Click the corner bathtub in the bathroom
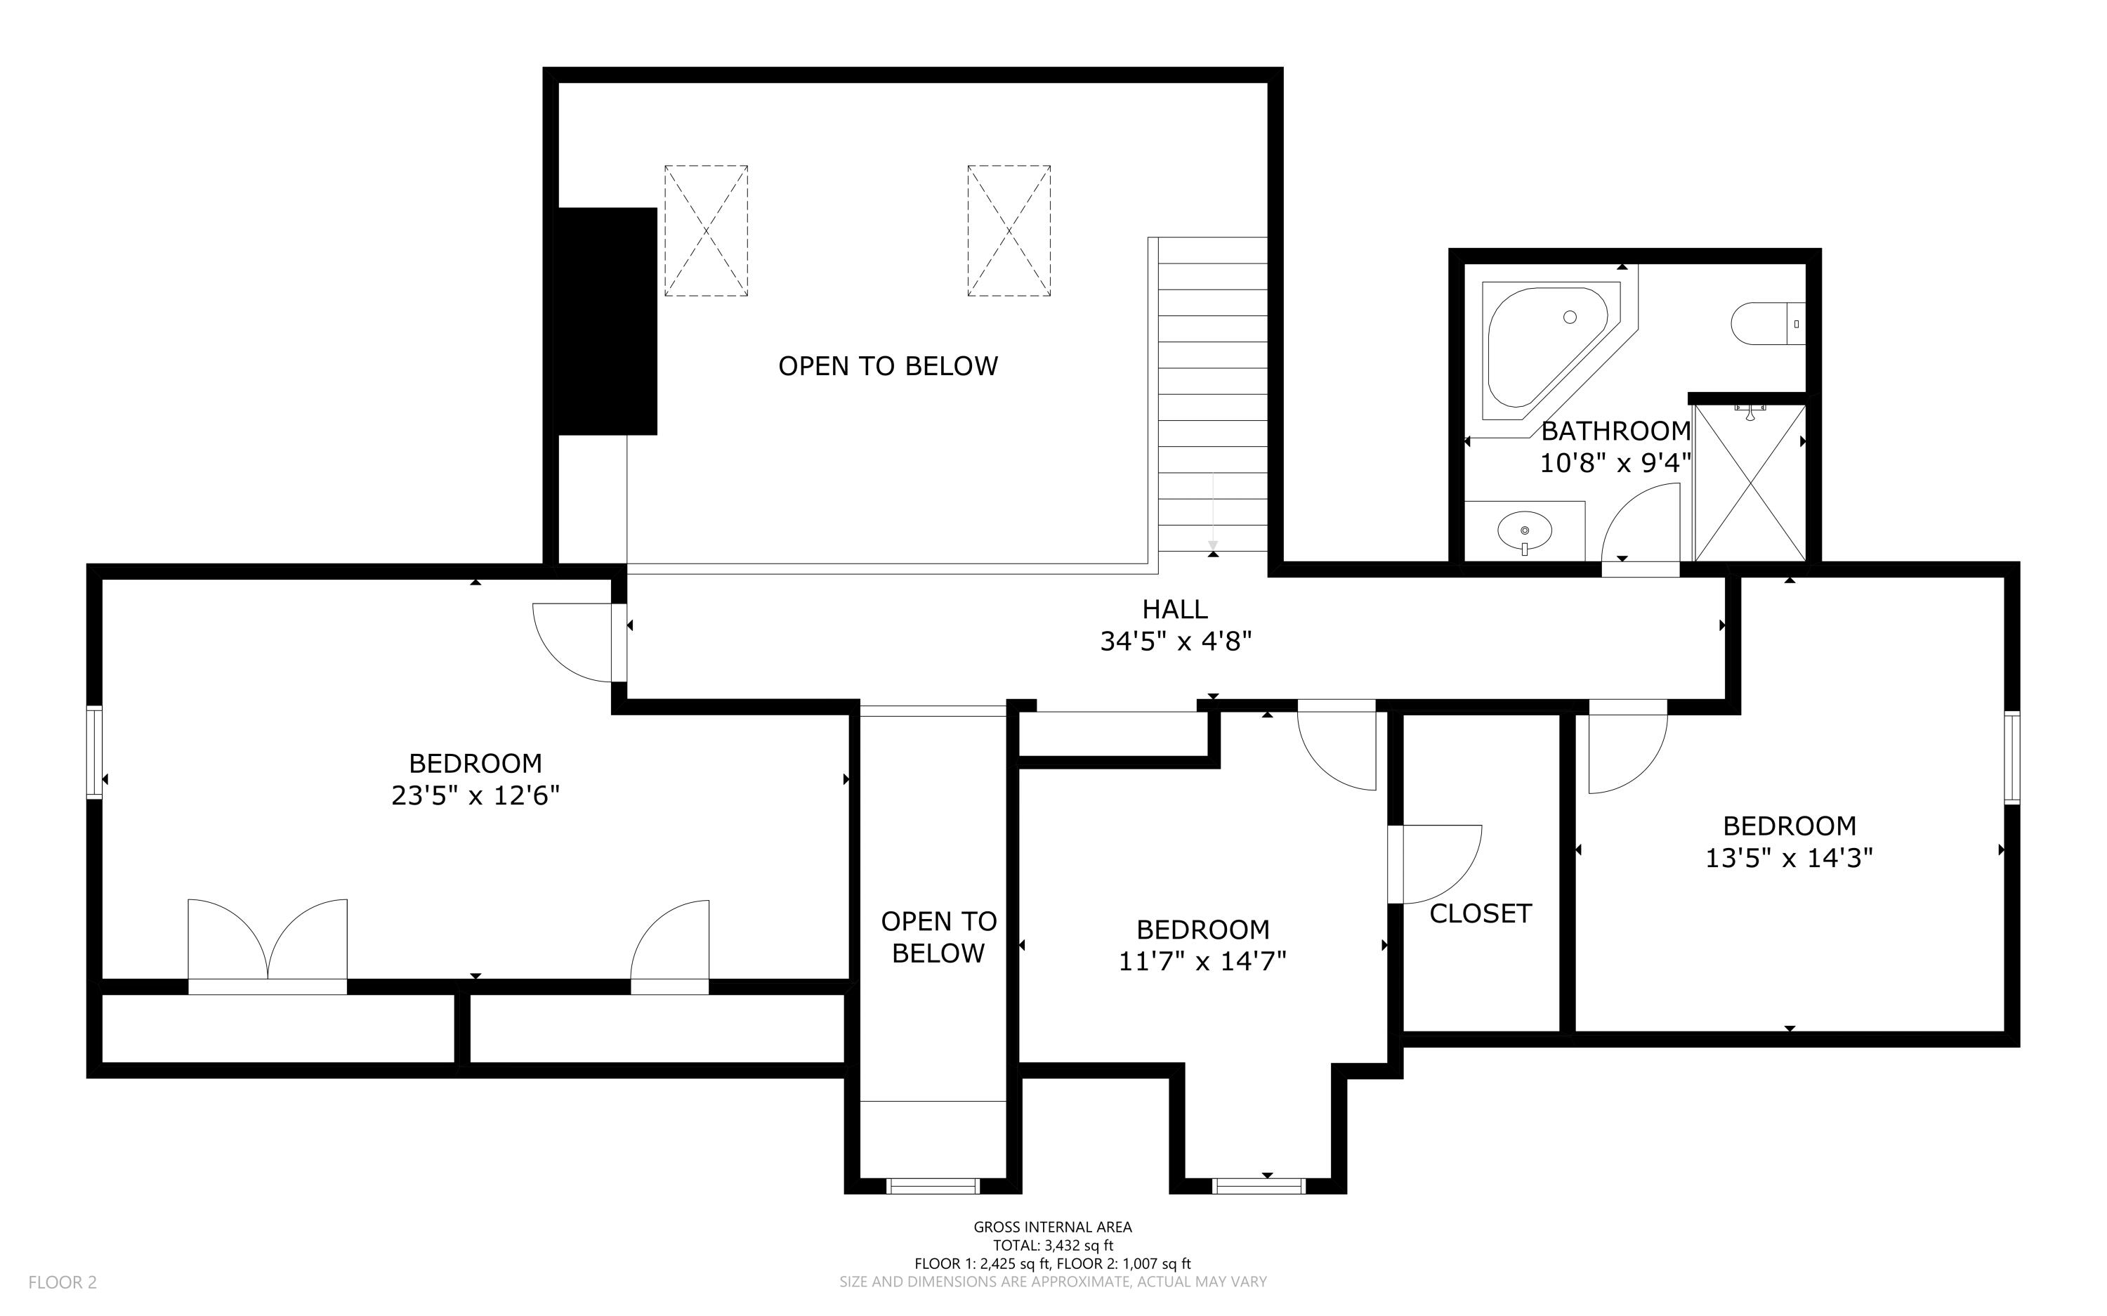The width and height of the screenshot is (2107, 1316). [x=1540, y=348]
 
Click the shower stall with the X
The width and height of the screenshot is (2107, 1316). [x=1750, y=483]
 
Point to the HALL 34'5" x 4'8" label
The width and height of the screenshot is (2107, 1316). [x=1175, y=625]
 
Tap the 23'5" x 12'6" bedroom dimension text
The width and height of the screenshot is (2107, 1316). [x=475, y=795]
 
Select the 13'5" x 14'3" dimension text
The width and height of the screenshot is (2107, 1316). [x=1789, y=858]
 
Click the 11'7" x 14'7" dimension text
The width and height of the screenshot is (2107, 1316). [x=1202, y=961]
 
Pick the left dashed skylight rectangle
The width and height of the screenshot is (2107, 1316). [x=706, y=230]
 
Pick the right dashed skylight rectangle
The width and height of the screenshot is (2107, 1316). [x=1009, y=230]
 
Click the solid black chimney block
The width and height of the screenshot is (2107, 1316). [x=606, y=320]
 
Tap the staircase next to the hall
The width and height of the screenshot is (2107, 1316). [x=1212, y=396]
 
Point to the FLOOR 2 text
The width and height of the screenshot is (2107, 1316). [x=63, y=1282]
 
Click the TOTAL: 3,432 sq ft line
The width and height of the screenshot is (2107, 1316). [x=1053, y=1246]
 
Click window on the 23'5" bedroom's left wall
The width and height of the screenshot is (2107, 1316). [x=94, y=752]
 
